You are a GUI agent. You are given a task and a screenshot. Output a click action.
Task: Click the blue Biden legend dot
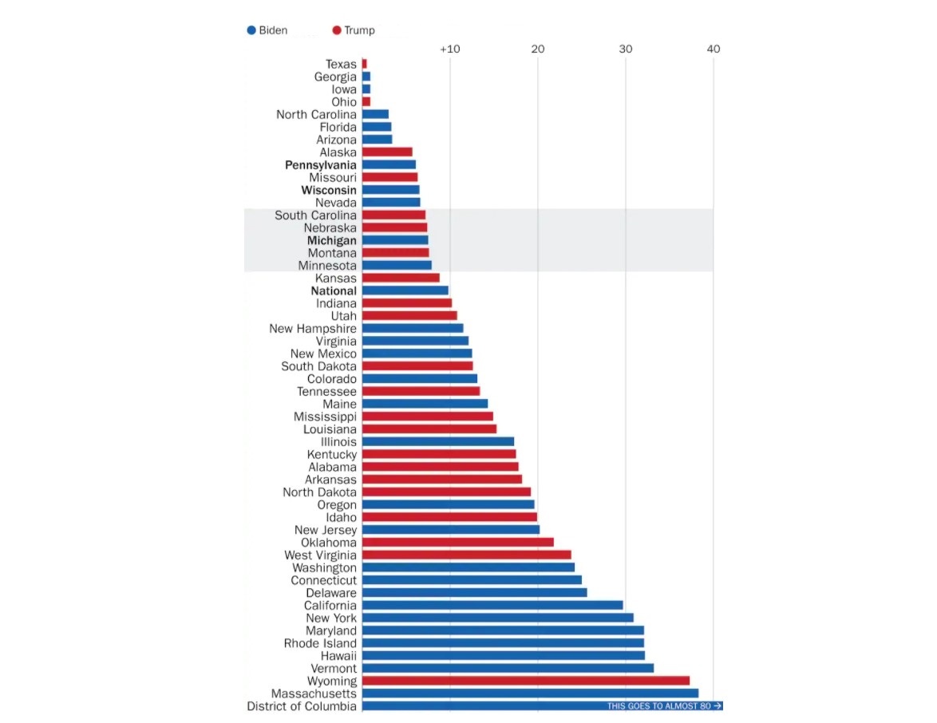pyautogui.click(x=251, y=30)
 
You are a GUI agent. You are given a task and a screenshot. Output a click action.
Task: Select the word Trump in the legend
pyautogui.click(x=359, y=30)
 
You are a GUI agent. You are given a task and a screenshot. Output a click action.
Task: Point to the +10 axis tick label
pyautogui.click(x=450, y=49)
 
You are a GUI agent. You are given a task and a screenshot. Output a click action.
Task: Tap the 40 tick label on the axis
pyautogui.click(x=713, y=49)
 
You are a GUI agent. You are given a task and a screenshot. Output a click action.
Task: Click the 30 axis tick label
pyautogui.click(x=626, y=49)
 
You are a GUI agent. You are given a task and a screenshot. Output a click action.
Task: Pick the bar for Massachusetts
pyautogui.click(x=530, y=693)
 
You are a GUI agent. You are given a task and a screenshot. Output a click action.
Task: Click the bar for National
pyautogui.click(x=405, y=290)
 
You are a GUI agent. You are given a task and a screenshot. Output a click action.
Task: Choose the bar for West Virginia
pyautogui.click(x=466, y=555)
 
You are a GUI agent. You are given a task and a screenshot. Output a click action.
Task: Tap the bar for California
pyautogui.click(x=492, y=605)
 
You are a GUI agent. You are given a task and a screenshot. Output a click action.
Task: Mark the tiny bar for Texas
pyautogui.click(x=365, y=64)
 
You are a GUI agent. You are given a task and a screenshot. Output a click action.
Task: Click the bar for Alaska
pyautogui.click(x=387, y=152)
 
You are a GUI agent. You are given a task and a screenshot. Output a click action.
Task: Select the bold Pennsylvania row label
pyautogui.click(x=321, y=165)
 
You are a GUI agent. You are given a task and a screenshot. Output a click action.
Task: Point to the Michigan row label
pyautogui.click(x=332, y=240)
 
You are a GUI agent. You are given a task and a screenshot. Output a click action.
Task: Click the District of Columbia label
pyautogui.click(x=302, y=706)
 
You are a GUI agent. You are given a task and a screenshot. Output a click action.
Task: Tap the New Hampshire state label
pyautogui.click(x=313, y=329)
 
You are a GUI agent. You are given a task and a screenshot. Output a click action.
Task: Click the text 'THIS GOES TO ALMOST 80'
pyautogui.click(x=659, y=706)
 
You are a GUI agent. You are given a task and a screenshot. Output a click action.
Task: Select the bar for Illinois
pyautogui.click(x=437, y=441)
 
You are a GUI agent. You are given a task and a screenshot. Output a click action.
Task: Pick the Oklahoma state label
pyautogui.click(x=329, y=543)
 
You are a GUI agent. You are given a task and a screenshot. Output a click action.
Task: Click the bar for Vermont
pyautogui.click(x=508, y=668)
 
